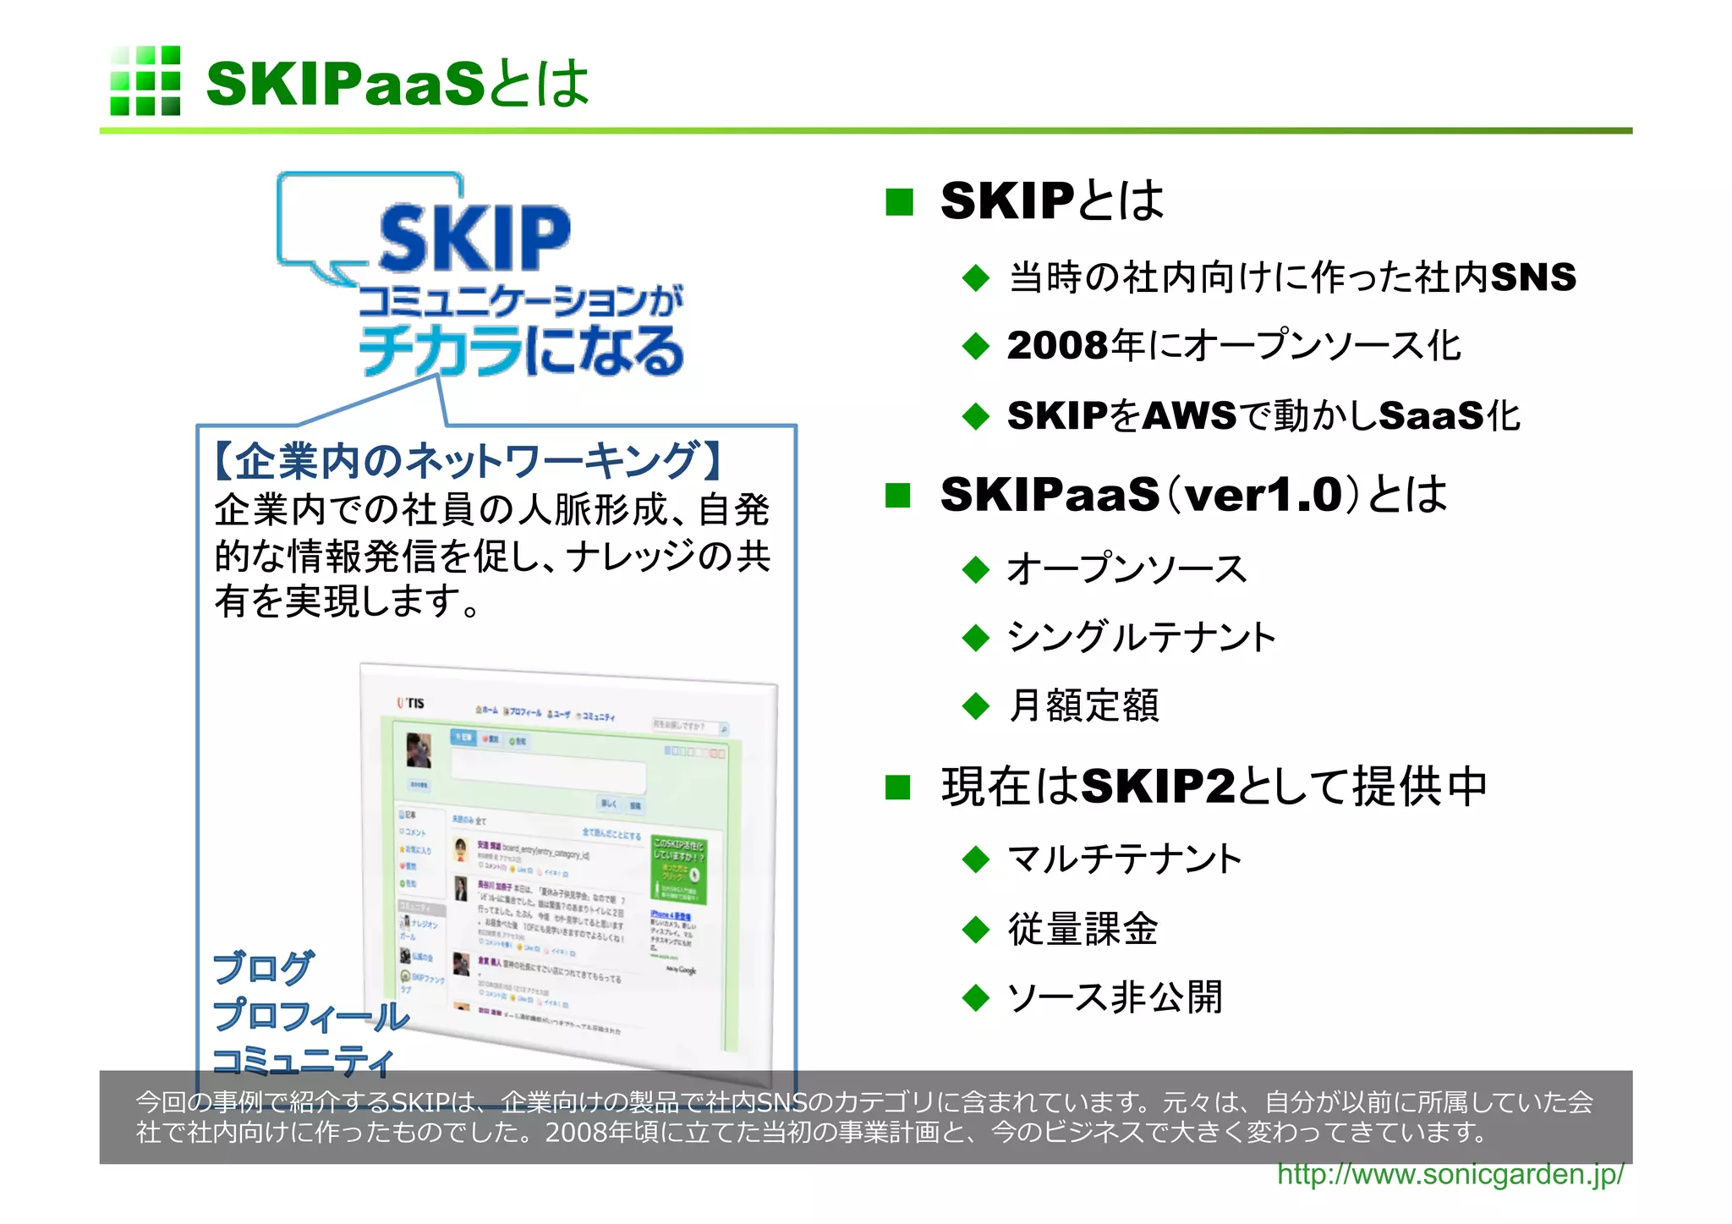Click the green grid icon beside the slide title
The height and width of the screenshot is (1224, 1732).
point(145,81)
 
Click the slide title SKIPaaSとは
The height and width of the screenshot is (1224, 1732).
point(397,84)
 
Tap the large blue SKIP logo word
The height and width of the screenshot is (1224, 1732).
point(474,239)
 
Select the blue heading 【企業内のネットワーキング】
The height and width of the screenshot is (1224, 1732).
point(470,461)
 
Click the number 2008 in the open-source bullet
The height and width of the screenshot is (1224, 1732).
point(1057,346)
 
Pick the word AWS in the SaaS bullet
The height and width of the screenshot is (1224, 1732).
point(1189,415)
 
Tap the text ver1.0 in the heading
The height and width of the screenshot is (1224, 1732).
point(1263,495)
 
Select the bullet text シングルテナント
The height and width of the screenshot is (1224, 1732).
point(1141,637)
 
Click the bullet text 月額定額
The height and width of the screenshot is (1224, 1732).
point(1083,705)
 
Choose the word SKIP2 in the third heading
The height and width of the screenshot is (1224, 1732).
point(1158,787)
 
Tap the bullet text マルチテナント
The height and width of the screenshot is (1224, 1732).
point(1125,859)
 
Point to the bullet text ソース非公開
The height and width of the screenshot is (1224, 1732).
point(1115,997)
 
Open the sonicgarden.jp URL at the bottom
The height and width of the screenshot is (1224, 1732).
point(1450,1174)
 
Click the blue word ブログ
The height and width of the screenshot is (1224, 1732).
point(263,968)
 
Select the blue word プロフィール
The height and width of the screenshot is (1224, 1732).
point(310,1015)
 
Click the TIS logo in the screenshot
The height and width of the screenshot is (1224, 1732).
point(411,703)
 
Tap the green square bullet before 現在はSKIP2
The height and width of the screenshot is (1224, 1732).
point(898,788)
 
